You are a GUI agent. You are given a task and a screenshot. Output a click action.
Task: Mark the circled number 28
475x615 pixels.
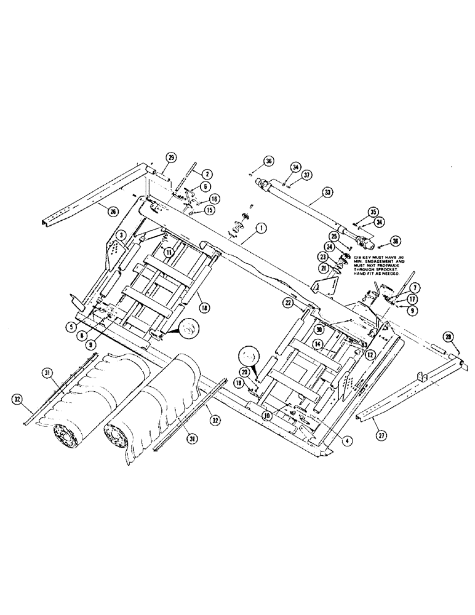(447, 336)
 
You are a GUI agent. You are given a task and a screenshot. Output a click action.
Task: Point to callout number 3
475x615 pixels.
(122, 234)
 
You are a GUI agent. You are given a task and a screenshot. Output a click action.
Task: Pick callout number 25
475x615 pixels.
(335, 236)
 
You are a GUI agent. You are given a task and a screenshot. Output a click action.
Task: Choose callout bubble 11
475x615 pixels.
(168, 252)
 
